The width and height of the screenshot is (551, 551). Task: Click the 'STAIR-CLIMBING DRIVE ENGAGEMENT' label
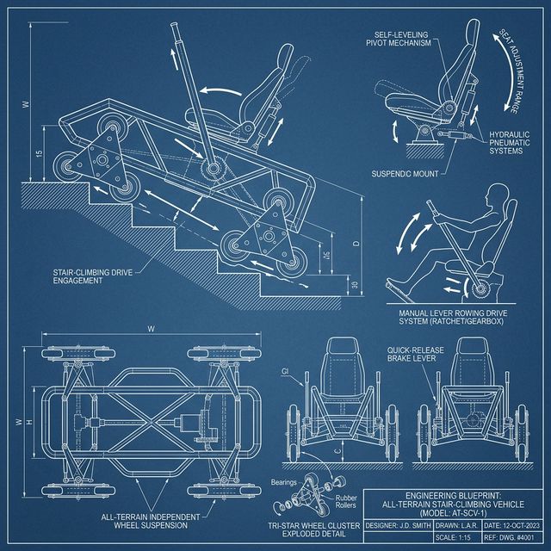(96, 275)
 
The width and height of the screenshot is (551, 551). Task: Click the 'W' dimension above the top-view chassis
(151, 327)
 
